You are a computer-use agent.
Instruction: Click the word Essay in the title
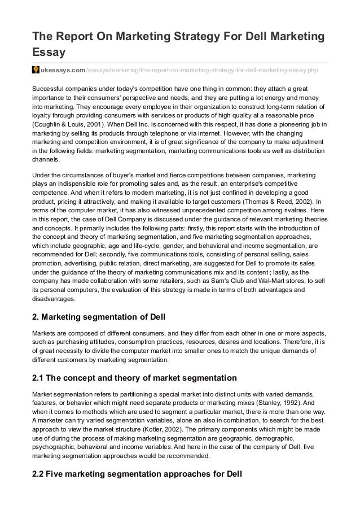[49, 53]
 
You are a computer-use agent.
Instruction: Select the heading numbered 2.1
[133, 377]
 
